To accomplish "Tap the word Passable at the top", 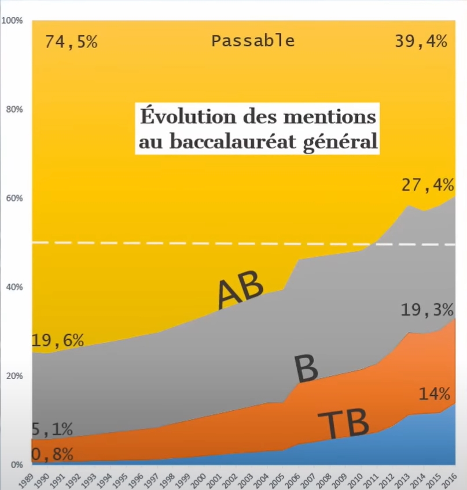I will [253, 41].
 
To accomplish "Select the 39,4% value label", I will [421, 42].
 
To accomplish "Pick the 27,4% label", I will [428, 186].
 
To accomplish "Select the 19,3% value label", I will [428, 310].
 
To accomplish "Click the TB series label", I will [343, 425].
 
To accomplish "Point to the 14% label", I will [434, 395].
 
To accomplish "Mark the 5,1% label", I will [52, 429].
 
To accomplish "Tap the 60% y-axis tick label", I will [13, 198].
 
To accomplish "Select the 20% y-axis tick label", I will [13, 376].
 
